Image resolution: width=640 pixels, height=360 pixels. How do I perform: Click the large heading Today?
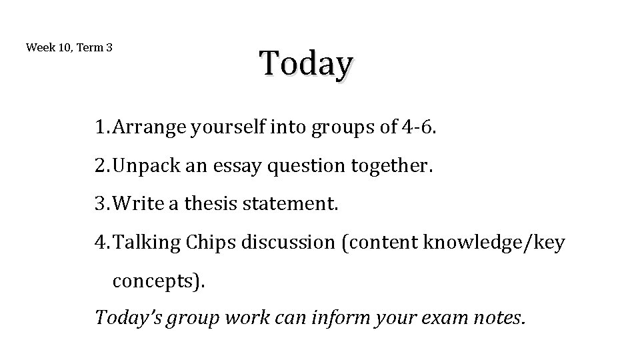[x=306, y=65]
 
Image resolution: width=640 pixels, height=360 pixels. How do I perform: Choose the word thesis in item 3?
[x=207, y=204]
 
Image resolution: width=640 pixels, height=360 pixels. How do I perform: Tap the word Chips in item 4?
[x=210, y=243]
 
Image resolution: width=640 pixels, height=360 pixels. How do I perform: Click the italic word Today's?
[x=129, y=318]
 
